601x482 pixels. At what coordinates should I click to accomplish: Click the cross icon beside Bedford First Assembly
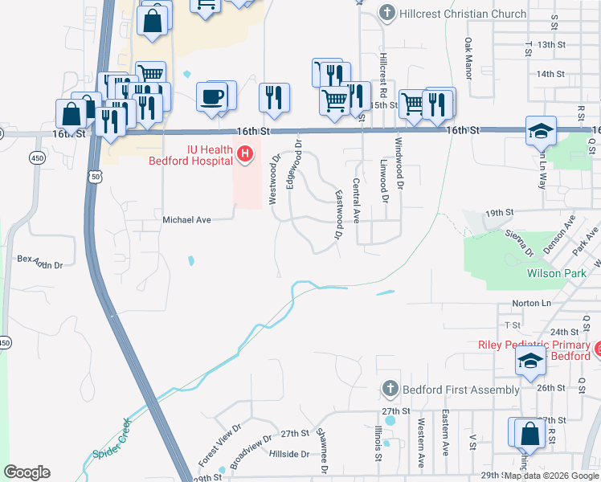pos(389,390)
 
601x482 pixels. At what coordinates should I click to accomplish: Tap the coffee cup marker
pos(213,98)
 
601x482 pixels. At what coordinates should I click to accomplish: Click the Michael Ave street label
pos(186,219)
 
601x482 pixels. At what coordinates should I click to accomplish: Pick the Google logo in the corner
pos(27,472)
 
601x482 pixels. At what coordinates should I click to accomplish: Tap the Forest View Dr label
pos(219,446)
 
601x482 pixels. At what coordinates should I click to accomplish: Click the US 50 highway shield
pos(96,176)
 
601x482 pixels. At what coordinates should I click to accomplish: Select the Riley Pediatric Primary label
pos(534,345)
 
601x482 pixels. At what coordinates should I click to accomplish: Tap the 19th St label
pos(499,212)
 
